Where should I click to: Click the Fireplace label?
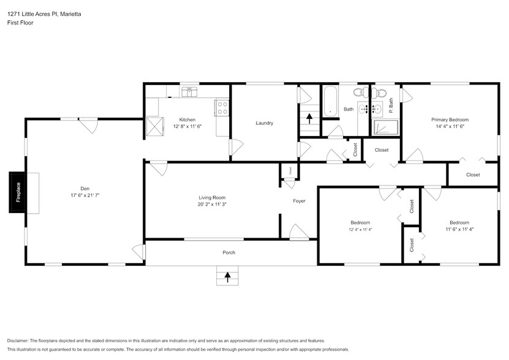point(18,192)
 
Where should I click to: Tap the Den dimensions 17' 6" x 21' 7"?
point(85,195)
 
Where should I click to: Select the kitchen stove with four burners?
point(221,108)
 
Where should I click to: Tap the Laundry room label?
point(264,123)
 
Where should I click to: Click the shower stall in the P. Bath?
point(386,127)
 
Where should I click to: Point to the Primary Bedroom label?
point(450,119)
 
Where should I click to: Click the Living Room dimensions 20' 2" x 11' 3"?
point(212,205)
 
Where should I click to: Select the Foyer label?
point(299,201)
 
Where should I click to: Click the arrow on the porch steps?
point(228,277)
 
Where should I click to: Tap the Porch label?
point(228,252)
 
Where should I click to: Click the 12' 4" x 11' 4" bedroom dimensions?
point(360,230)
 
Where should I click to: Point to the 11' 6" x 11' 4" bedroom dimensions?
point(459,230)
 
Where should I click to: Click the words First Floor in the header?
point(20,23)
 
